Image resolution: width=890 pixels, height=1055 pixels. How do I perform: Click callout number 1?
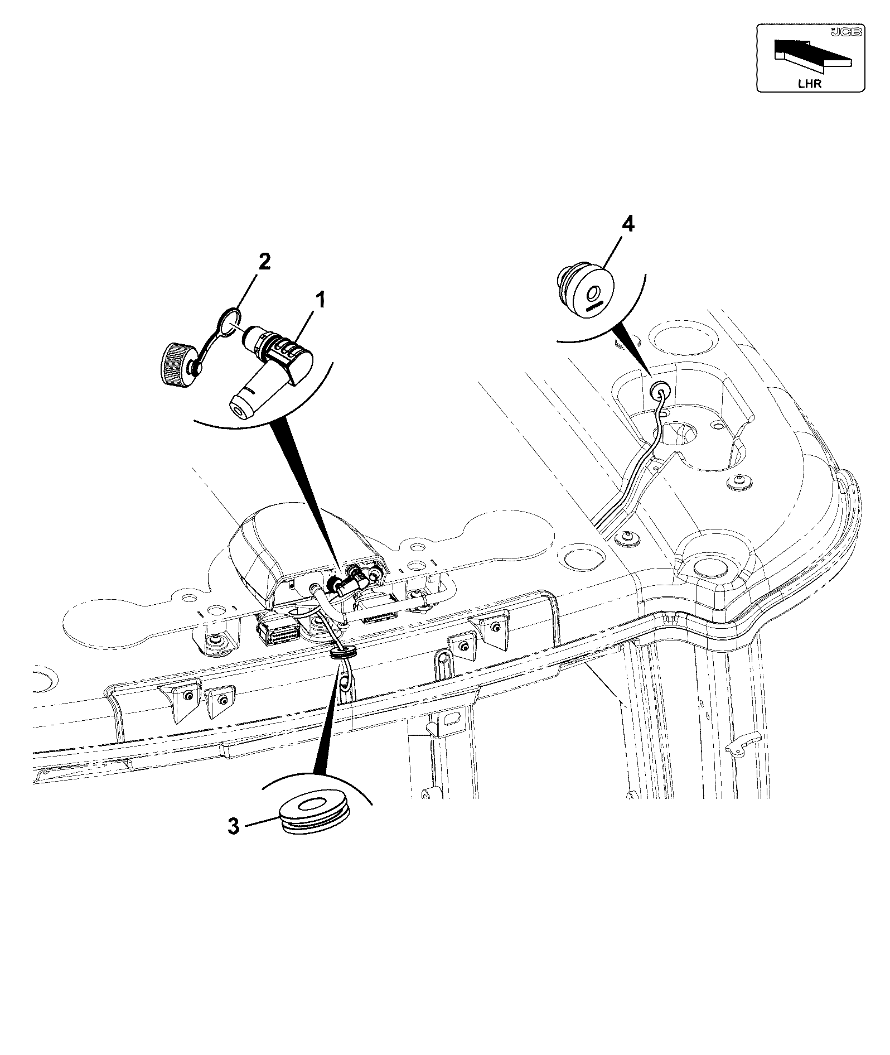point(320,301)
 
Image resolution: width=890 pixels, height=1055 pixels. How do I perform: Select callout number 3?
point(234,826)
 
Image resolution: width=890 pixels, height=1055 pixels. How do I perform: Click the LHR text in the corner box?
point(809,84)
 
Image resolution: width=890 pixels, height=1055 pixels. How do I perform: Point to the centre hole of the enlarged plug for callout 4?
point(594,291)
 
